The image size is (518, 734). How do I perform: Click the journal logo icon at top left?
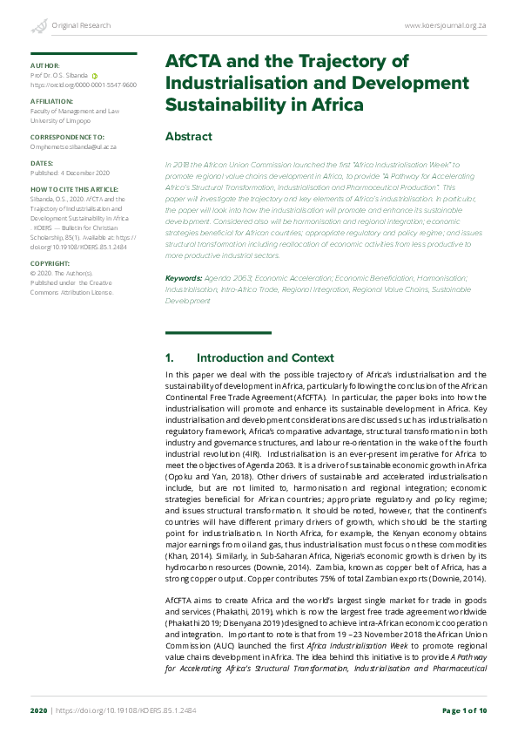[x=37, y=27]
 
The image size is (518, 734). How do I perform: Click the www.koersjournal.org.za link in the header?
[x=446, y=27]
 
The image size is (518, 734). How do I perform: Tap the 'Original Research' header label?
[x=81, y=27]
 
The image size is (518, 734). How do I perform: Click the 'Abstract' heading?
[x=189, y=137]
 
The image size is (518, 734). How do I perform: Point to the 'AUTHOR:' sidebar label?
[x=44, y=66]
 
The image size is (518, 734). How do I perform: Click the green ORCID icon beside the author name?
[x=94, y=77]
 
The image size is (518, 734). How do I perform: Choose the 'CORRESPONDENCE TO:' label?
[x=67, y=138]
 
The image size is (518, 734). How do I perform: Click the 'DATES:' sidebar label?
[x=42, y=163]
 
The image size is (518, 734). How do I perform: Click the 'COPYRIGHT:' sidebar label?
[x=50, y=262]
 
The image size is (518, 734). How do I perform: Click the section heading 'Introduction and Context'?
[x=265, y=358]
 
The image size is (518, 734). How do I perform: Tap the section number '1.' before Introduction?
[x=170, y=358]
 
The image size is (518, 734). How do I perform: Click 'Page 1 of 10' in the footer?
[x=465, y=711]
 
